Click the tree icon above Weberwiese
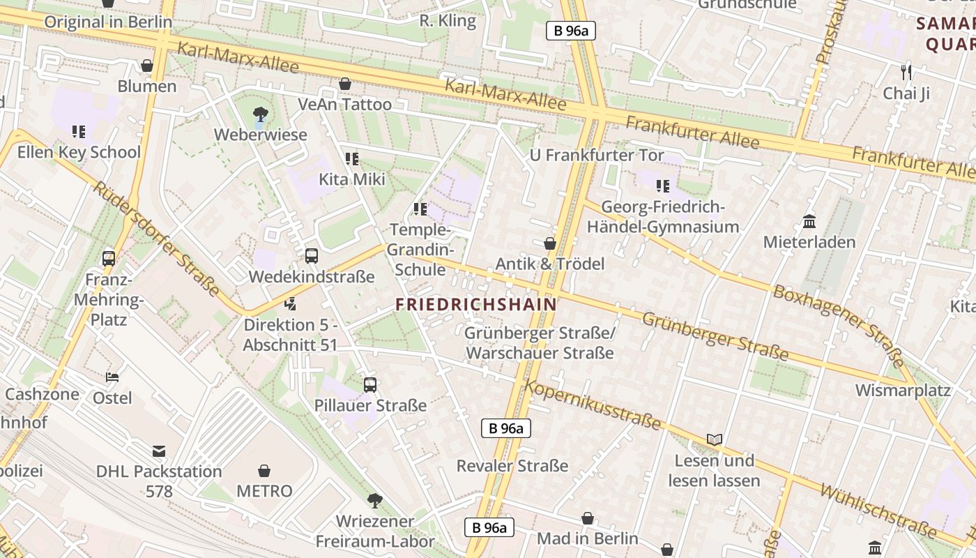pos(260,113)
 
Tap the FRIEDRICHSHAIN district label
pos(476,305)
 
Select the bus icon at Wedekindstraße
pos(312,256)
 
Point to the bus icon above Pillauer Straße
pos(370,384)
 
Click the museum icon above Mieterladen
pos(809,222)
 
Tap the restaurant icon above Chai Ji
pos(906,72)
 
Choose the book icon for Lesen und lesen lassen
pos(714,439)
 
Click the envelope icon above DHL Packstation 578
pos(159,451)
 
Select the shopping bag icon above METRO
pos(264,471)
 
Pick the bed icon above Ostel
pos(112,377)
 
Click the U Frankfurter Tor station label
pos(597,155)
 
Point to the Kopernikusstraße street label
pos(593,405)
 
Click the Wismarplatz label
pos(903,390)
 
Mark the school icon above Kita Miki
pos(352,159)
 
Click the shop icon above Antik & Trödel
pos(549,243)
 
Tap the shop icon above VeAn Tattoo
pos(344,84)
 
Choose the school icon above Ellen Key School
pos(79,131)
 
